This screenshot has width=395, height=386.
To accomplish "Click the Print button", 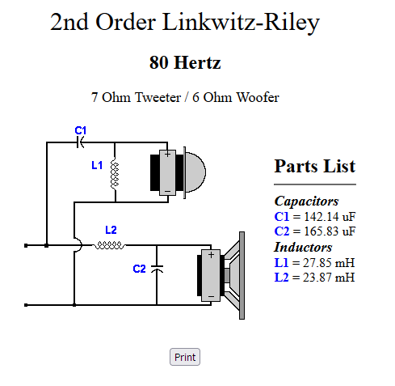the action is point(185,357).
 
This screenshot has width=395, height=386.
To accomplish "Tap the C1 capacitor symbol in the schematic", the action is point(81,142).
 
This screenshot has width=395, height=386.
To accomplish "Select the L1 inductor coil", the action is point(115,174).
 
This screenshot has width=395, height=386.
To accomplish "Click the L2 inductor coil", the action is point(109,245).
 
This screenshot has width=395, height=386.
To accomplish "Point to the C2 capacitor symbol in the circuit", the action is point(157,269).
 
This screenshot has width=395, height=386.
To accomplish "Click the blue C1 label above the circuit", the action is point(81,130).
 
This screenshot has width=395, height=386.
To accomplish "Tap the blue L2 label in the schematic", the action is point(111,230).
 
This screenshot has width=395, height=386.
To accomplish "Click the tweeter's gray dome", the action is point(195,172).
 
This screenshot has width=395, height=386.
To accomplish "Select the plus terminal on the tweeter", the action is point(167,155).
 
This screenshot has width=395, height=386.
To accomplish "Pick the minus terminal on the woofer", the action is point(211,297).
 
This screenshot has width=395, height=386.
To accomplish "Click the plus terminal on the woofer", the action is point(211,255).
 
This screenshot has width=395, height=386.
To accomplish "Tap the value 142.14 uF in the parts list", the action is point(330,216).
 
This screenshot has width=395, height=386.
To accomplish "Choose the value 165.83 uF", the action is point(330,231).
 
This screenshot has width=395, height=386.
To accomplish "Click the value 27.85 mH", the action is point(329,263).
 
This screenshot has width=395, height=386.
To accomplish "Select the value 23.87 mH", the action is point(329,278).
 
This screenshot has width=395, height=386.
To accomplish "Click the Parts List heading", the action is point(315,166).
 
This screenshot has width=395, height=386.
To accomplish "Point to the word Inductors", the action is point(303,247).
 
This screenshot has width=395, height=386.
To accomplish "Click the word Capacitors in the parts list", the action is point(306,201).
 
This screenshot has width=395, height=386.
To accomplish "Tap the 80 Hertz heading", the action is point(185,62).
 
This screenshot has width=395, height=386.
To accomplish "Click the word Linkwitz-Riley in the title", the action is point(241,23).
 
